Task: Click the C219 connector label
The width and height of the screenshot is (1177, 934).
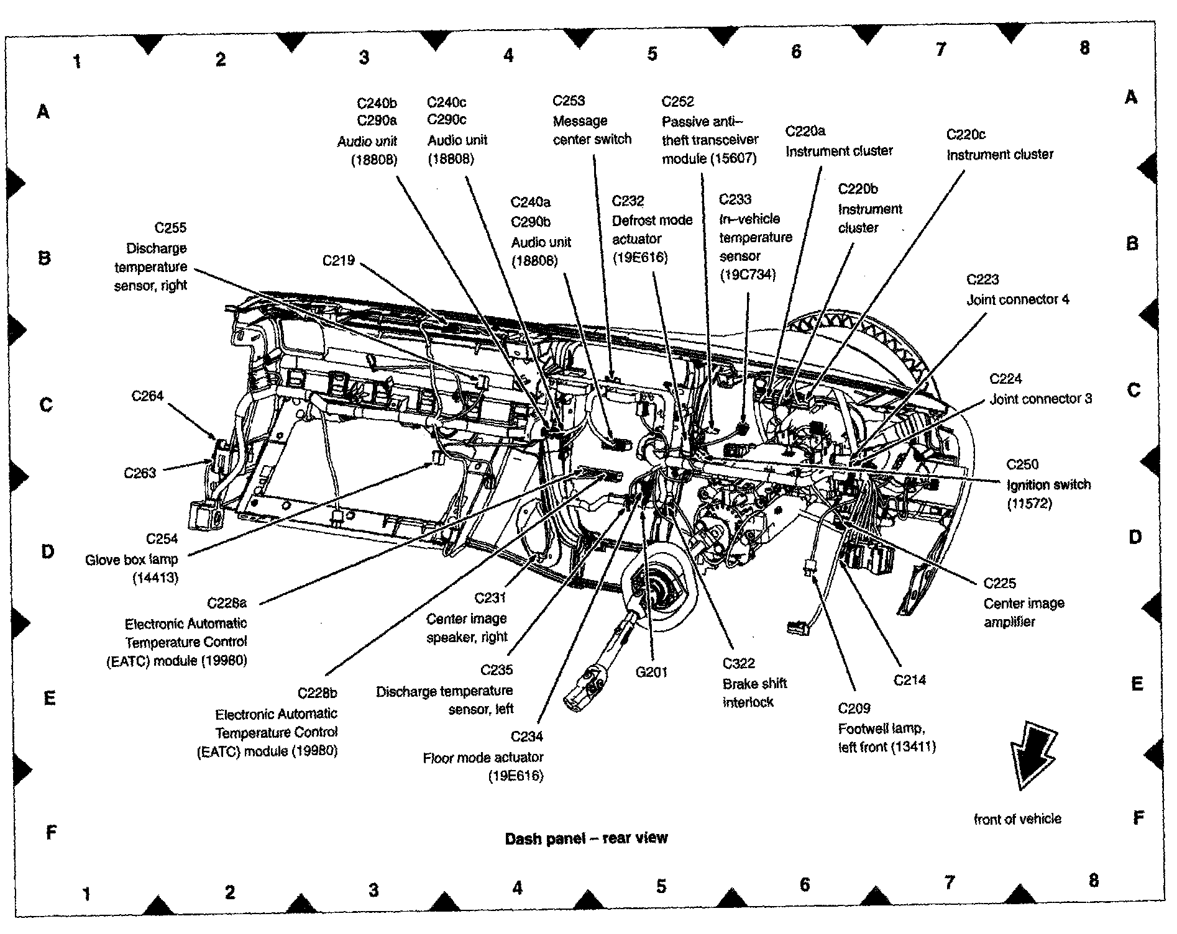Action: click(x=338, y=260)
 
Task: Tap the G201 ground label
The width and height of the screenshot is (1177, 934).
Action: click(x=651, y=671)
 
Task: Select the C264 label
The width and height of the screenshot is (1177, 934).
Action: click(x=147, y=396)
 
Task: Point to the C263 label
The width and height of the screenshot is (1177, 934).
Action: click(x=140, y=473)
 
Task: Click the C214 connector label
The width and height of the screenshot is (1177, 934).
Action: click(x=910, y=680)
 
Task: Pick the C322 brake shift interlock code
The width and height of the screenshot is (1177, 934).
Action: click(x=739, y=663)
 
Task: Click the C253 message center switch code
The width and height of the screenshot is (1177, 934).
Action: click(x=569, y=101)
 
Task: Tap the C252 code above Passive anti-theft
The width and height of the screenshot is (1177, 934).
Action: click(x=678, y=101)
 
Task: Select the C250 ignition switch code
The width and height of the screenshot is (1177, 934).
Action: click(x=1022, y=465)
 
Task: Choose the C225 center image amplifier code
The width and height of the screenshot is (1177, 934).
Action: click(x=1000, y=583)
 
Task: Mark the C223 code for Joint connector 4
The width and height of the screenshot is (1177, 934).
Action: click(x=982, y=279)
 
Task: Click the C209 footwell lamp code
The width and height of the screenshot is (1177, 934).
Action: click(x=854, y=708)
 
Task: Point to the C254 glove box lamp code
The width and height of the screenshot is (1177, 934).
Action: click(x=162, y=539)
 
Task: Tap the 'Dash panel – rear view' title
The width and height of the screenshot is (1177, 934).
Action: click(x=586, y=839)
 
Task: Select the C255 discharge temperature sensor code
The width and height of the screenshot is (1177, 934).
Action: click(x=170, y=228)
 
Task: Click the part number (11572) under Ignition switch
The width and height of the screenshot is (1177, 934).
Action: click(x=1029, y=504)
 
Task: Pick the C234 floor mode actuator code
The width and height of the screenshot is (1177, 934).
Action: click(x=526, y=737)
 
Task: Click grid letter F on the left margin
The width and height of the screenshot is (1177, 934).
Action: click(x=52, y=832)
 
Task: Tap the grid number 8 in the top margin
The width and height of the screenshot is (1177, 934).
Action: click(x=1084, y=47)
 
